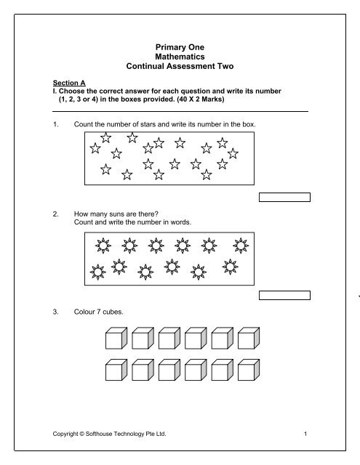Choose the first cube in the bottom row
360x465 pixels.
(x=116, y=372)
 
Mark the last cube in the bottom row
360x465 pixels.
(x=249, y=372)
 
